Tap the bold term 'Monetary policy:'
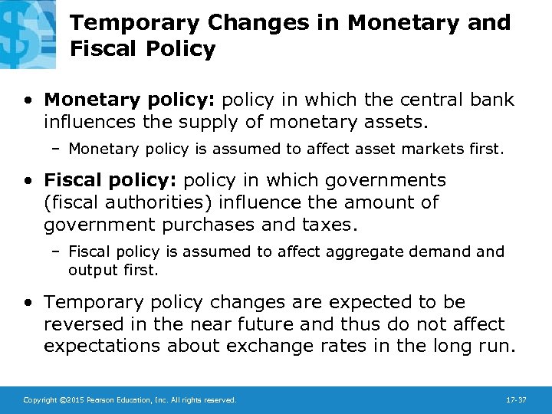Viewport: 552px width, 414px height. pos(110,100)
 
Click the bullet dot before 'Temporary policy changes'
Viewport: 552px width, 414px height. pos(28,303)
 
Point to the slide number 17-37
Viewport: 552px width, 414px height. pos(516,400)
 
